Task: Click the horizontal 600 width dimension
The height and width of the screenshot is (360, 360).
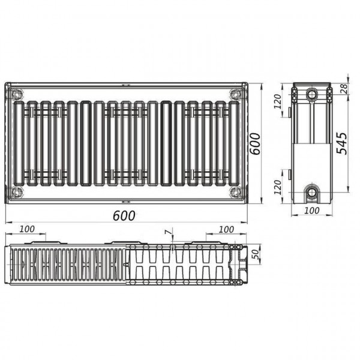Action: tap(124, 216)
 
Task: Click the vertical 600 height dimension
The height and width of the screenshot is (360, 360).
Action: tap(255, 144)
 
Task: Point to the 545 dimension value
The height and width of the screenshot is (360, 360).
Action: tap(341, 143)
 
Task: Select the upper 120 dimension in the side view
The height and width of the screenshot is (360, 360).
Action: tap(278, 101)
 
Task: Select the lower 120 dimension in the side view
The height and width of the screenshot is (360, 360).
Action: tap(278, 187)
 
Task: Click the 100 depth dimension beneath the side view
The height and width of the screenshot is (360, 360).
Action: tap(311, 211)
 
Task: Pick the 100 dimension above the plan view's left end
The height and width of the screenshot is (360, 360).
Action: tap(27, 229)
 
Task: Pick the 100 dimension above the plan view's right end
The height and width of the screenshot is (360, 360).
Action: tap(226, 229)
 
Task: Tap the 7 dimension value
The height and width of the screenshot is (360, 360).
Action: tap(169, 232)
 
